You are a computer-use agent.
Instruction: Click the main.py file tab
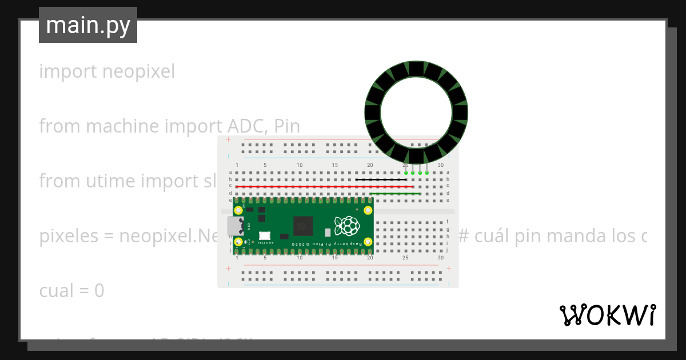click(88, 26)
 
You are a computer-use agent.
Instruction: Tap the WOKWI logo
click(607, 315)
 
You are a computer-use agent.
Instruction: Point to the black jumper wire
click(380, 179)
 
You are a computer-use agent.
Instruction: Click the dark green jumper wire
click(395, 194)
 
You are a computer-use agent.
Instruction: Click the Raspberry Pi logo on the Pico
click(346, 226)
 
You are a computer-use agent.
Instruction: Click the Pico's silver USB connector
click(234, 226)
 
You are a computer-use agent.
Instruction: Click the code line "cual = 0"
click(71, 291)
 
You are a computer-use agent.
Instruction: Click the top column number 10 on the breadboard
click(300, 165)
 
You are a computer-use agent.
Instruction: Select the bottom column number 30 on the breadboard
click(440, 258)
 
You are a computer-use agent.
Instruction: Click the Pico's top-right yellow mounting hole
click(368, 210)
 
